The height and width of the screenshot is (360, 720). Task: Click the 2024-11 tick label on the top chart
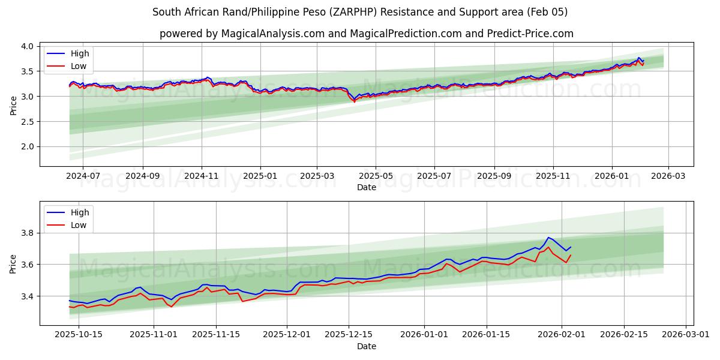point(201,177)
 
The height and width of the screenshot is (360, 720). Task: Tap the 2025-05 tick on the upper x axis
point(376,177)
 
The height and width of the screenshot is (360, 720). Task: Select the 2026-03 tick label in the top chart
point(668,177)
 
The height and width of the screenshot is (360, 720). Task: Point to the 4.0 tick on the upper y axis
point(27,46)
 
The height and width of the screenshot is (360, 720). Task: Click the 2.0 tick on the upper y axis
point(27,146)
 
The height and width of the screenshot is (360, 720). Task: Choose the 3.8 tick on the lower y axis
point(27,233)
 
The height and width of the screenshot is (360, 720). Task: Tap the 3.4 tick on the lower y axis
point(27,296)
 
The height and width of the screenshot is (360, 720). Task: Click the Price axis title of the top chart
point(14,105)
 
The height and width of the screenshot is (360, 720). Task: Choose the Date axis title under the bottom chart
point(366,346)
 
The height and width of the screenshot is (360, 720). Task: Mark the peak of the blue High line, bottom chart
point(548,238)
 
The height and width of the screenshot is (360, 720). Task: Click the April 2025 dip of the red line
point(354,101)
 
